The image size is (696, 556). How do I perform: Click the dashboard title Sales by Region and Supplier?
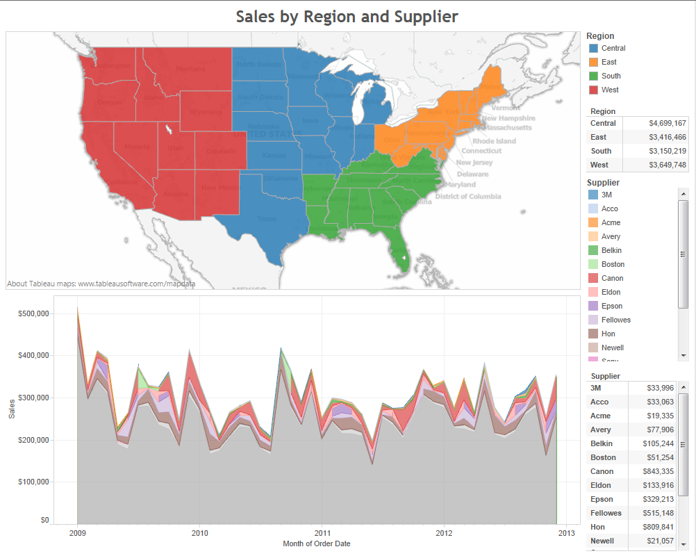pyautogui.click(x=347, y=16)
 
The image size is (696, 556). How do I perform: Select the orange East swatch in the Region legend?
pyautogui.click(x=593, y=62)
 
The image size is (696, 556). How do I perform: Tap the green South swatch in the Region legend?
pyautogui.click(x=593, y=76)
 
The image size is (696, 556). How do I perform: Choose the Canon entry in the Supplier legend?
pyautogui.click(x=612, y=278)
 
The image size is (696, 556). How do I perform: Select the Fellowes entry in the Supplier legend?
pyautogui.click(x=615, y=320)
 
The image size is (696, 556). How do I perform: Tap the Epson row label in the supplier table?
pyautogui.click(x=602, y=499)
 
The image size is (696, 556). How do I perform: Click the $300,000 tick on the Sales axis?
pyautogui.click(x=33, y=398)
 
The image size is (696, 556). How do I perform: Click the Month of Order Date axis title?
pyautogui.click(x=316, y=543)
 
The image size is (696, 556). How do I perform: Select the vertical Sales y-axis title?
pyautogui.click(x=12, y=410)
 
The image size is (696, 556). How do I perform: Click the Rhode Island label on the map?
pyautogui.click(x=494, y=141)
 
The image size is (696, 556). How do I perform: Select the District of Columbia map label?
pyautogui.click(x=467, y=197)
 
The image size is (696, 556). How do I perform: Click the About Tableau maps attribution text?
pyautogui.click(x=101, y=284)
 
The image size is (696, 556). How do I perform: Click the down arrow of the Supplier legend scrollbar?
pyautogui.click(x=683, y=355)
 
